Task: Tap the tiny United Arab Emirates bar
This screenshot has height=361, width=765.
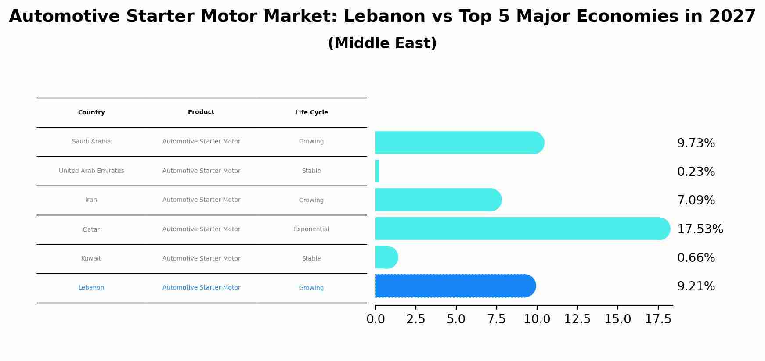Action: (377, 171)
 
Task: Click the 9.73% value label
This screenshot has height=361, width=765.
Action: (696, 143)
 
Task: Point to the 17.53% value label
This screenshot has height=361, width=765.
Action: (700, 229)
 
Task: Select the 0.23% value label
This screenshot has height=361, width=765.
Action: (696, 172)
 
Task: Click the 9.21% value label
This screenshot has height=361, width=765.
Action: (696, 286)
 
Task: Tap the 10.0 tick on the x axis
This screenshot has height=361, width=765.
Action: (537, 319)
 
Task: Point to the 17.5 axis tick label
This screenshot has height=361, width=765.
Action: (658, 319)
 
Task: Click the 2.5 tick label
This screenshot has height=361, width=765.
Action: (415, 319)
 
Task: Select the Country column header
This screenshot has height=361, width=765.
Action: (91, 113)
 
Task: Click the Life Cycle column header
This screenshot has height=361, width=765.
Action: (311, 113)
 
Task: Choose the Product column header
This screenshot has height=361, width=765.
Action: (201, 112)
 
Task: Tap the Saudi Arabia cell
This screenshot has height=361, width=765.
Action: (91, 142)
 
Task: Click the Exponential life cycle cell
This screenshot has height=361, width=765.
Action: (311, 229)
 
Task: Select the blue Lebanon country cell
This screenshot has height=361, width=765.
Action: (91, 288)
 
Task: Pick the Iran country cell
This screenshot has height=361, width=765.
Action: (91, 200)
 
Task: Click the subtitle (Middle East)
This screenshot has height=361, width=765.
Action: (382, 43)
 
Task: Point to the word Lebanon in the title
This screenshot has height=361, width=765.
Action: (384, 17)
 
